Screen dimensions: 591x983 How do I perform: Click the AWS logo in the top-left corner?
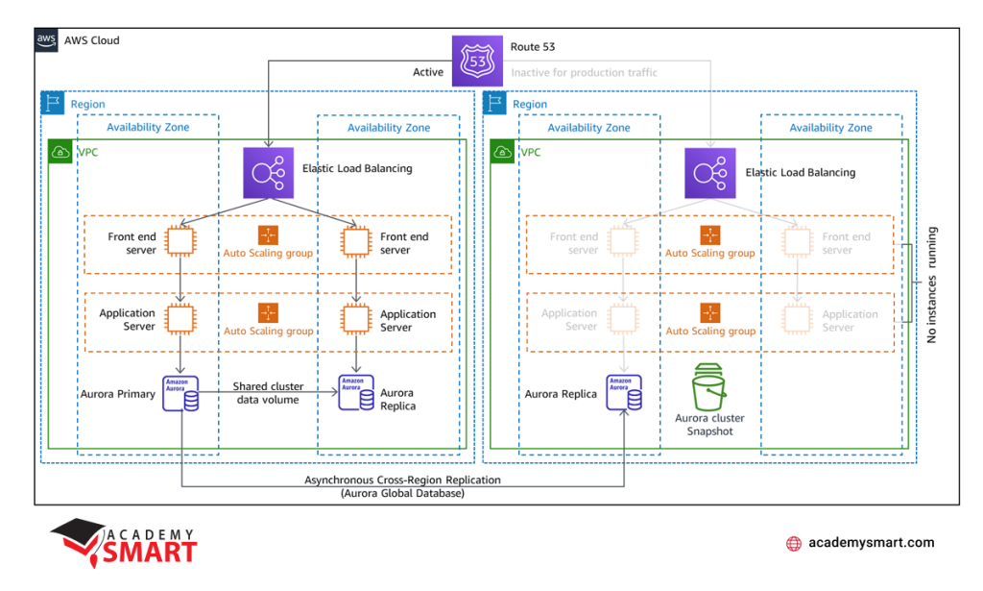pos(47,40)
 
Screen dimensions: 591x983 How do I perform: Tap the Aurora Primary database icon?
pos(180,394)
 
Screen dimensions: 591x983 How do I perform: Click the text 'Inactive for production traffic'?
pos(585,72)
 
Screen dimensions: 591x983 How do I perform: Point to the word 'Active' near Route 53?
pos(428,72)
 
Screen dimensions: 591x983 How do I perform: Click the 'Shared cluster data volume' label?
pos(268,393)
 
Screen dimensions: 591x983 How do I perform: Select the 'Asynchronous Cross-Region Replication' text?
pos(402,480)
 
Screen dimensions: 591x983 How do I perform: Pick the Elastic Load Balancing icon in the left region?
pos(268,173)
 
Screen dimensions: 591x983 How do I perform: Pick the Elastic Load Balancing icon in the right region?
pos(710,173)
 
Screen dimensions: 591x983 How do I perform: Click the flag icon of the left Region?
pos(53,104)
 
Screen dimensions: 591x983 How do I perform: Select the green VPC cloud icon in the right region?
pos(502,151)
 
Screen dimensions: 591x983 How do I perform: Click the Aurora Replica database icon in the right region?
pos(624,394)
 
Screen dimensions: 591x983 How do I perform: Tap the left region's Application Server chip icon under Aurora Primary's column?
pos(180,317)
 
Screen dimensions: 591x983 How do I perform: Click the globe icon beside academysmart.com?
pos(794,544)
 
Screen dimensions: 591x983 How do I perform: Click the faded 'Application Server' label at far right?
pos(850,320)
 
